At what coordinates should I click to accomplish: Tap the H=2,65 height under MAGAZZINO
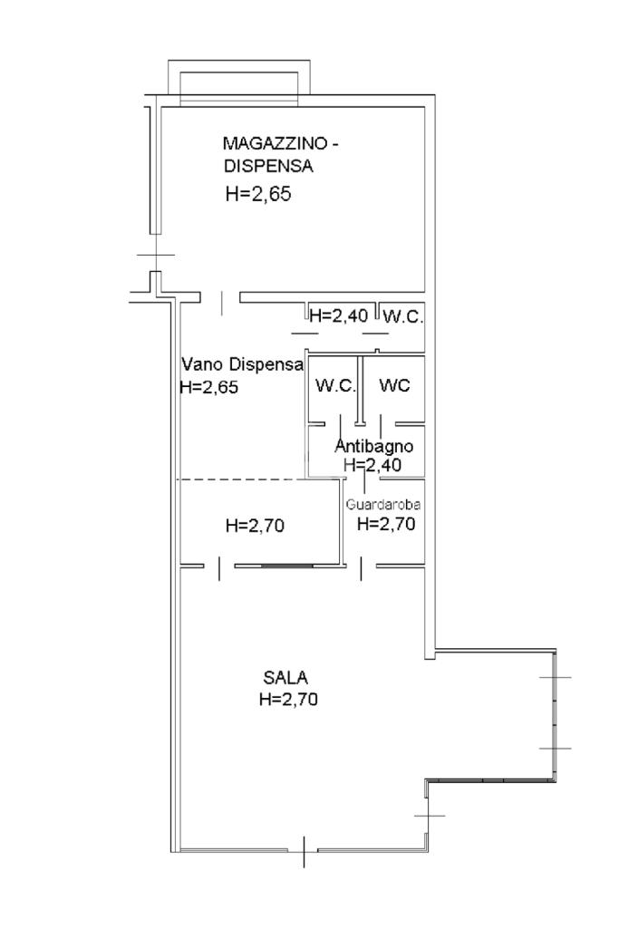257,194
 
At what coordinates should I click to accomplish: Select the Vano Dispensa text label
241,365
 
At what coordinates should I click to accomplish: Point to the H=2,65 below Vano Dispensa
209,387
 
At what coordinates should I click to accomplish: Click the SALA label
285,677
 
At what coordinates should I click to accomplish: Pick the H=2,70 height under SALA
288,699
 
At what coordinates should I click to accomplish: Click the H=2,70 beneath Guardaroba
386,523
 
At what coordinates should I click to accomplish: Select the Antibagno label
374,446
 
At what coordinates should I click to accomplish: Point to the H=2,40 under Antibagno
372,464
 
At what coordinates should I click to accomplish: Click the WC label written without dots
394,385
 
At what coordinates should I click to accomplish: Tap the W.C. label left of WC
334,385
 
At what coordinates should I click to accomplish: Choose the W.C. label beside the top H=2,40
402,316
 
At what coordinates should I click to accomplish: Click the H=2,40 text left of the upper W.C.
338,316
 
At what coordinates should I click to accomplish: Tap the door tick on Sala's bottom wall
304,850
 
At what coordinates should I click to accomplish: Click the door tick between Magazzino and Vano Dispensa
223,302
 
